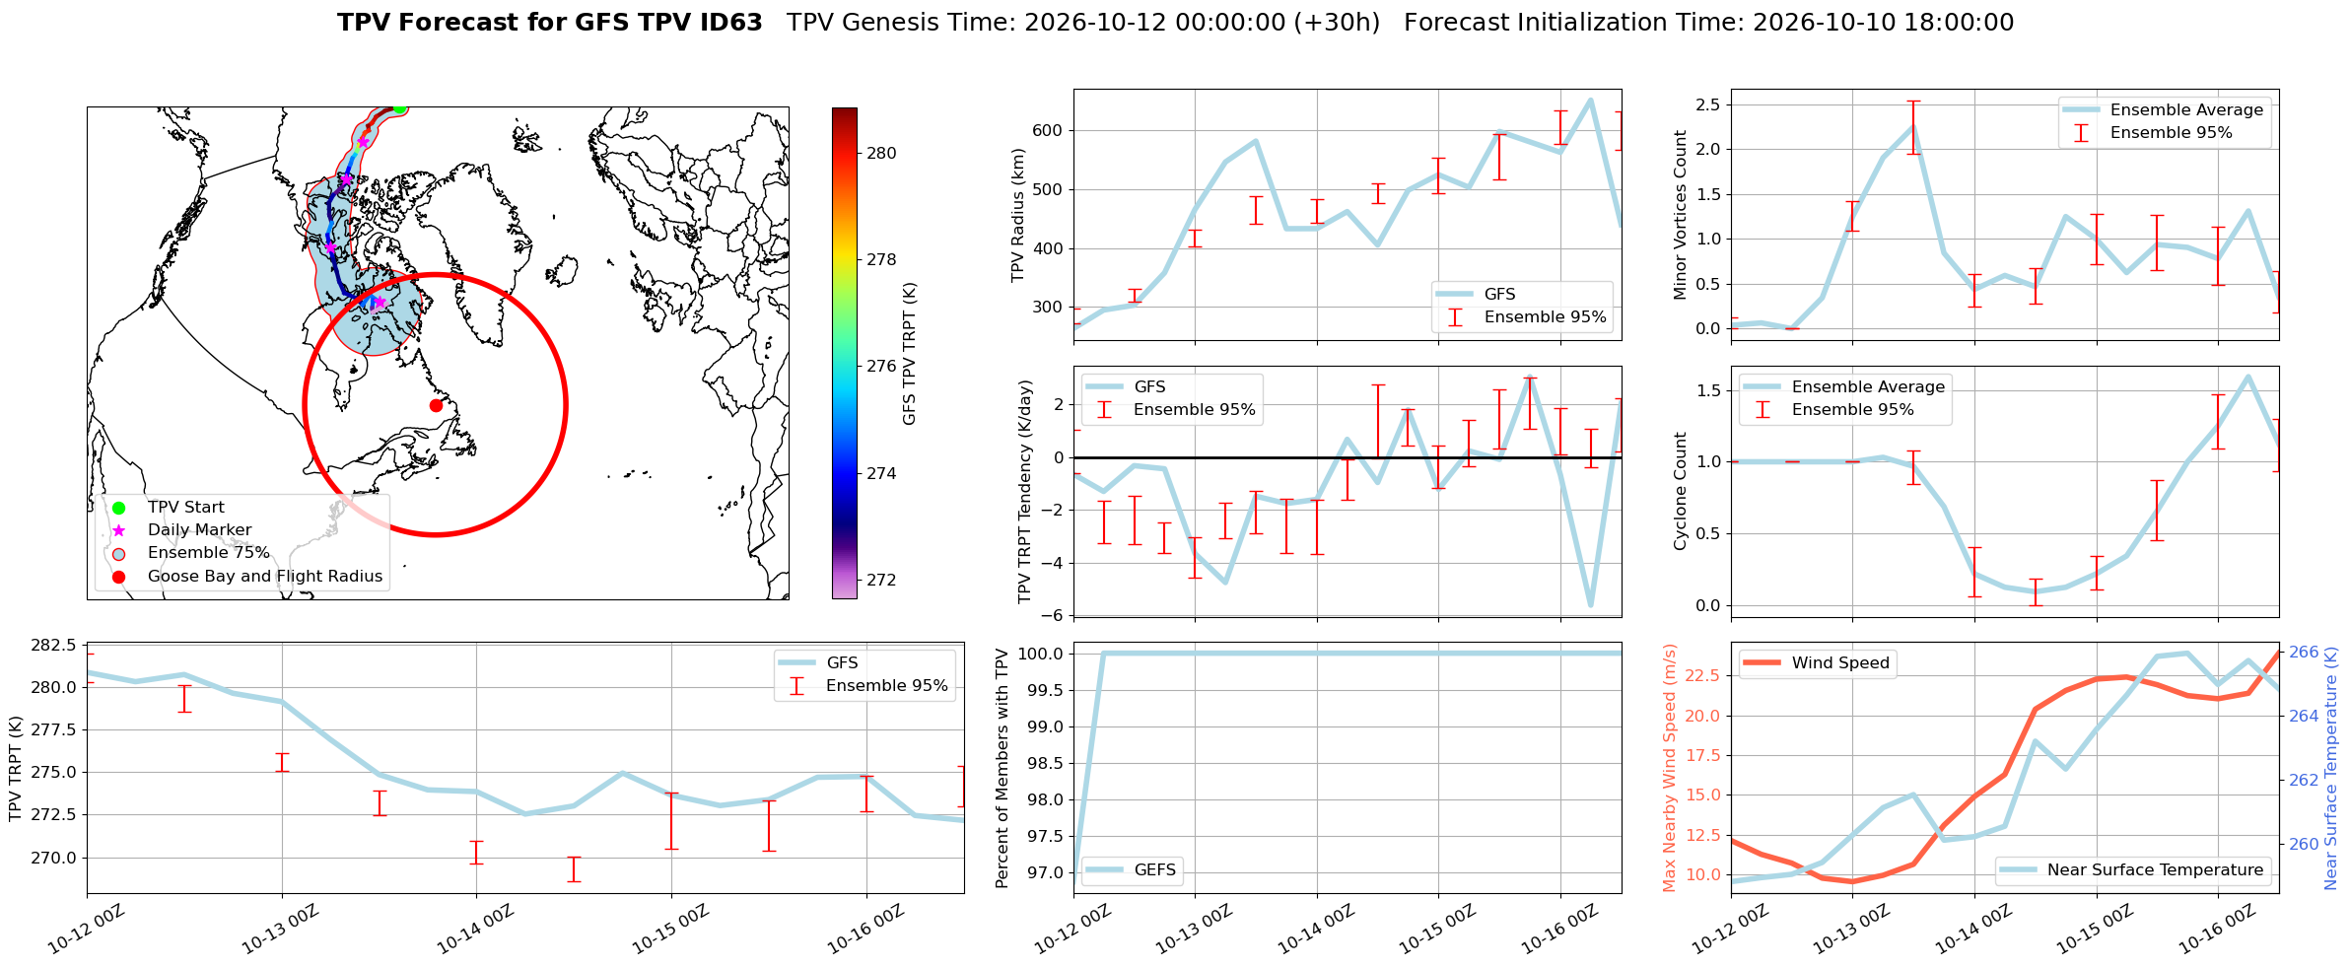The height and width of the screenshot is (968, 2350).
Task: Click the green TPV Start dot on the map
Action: pos(399,108)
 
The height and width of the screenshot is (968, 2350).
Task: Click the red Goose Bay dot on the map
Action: pos(436,405)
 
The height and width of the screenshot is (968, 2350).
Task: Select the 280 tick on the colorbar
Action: pos(881,153)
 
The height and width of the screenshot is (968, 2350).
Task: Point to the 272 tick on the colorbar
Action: pos(881,580)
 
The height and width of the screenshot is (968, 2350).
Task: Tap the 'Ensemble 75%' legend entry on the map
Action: pos(208,553)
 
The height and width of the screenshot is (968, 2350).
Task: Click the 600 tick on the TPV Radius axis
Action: pos(1049,130)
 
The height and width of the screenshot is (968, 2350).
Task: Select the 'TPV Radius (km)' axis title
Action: pos(1018,215)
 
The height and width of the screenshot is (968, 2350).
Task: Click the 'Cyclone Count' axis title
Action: pos(1680,491)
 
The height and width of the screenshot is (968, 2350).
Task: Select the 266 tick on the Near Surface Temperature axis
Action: pos(2304,653)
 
